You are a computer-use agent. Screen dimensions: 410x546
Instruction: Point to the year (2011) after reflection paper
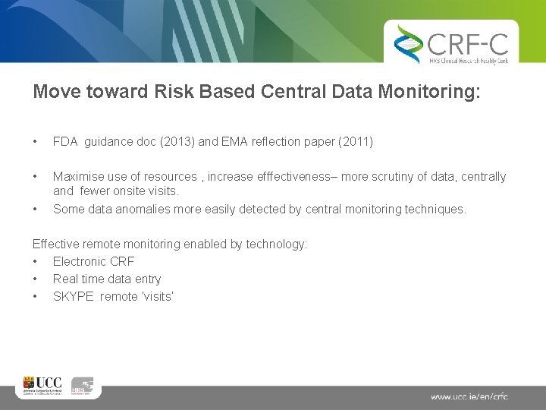pos(351,142)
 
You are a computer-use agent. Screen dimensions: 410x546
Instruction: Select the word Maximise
pos(77,177)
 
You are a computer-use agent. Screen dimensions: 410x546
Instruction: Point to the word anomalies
pos(140,209)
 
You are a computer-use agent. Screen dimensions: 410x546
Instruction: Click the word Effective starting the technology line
pos(56,244)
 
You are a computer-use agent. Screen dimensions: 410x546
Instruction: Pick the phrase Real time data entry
pos(107,279)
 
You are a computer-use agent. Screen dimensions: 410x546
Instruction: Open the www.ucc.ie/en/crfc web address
pos(469,396)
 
